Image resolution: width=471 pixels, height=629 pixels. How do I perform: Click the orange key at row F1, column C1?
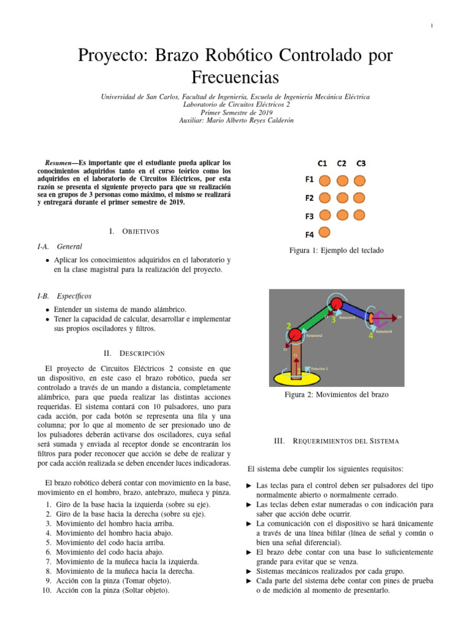click(326, 181)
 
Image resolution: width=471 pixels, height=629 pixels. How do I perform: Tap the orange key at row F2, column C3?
click(359, 198)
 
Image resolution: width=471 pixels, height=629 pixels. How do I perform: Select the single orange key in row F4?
click(326, 232)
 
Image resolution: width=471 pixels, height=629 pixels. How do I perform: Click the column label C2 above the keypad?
click(342, 163)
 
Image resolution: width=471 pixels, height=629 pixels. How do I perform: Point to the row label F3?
click(310, 216)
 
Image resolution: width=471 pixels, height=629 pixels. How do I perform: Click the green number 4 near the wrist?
click(370, 336)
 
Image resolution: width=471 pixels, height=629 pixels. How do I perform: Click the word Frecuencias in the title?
click(235, 78)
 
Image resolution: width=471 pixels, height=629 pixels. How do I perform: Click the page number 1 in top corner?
click(432, 25)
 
